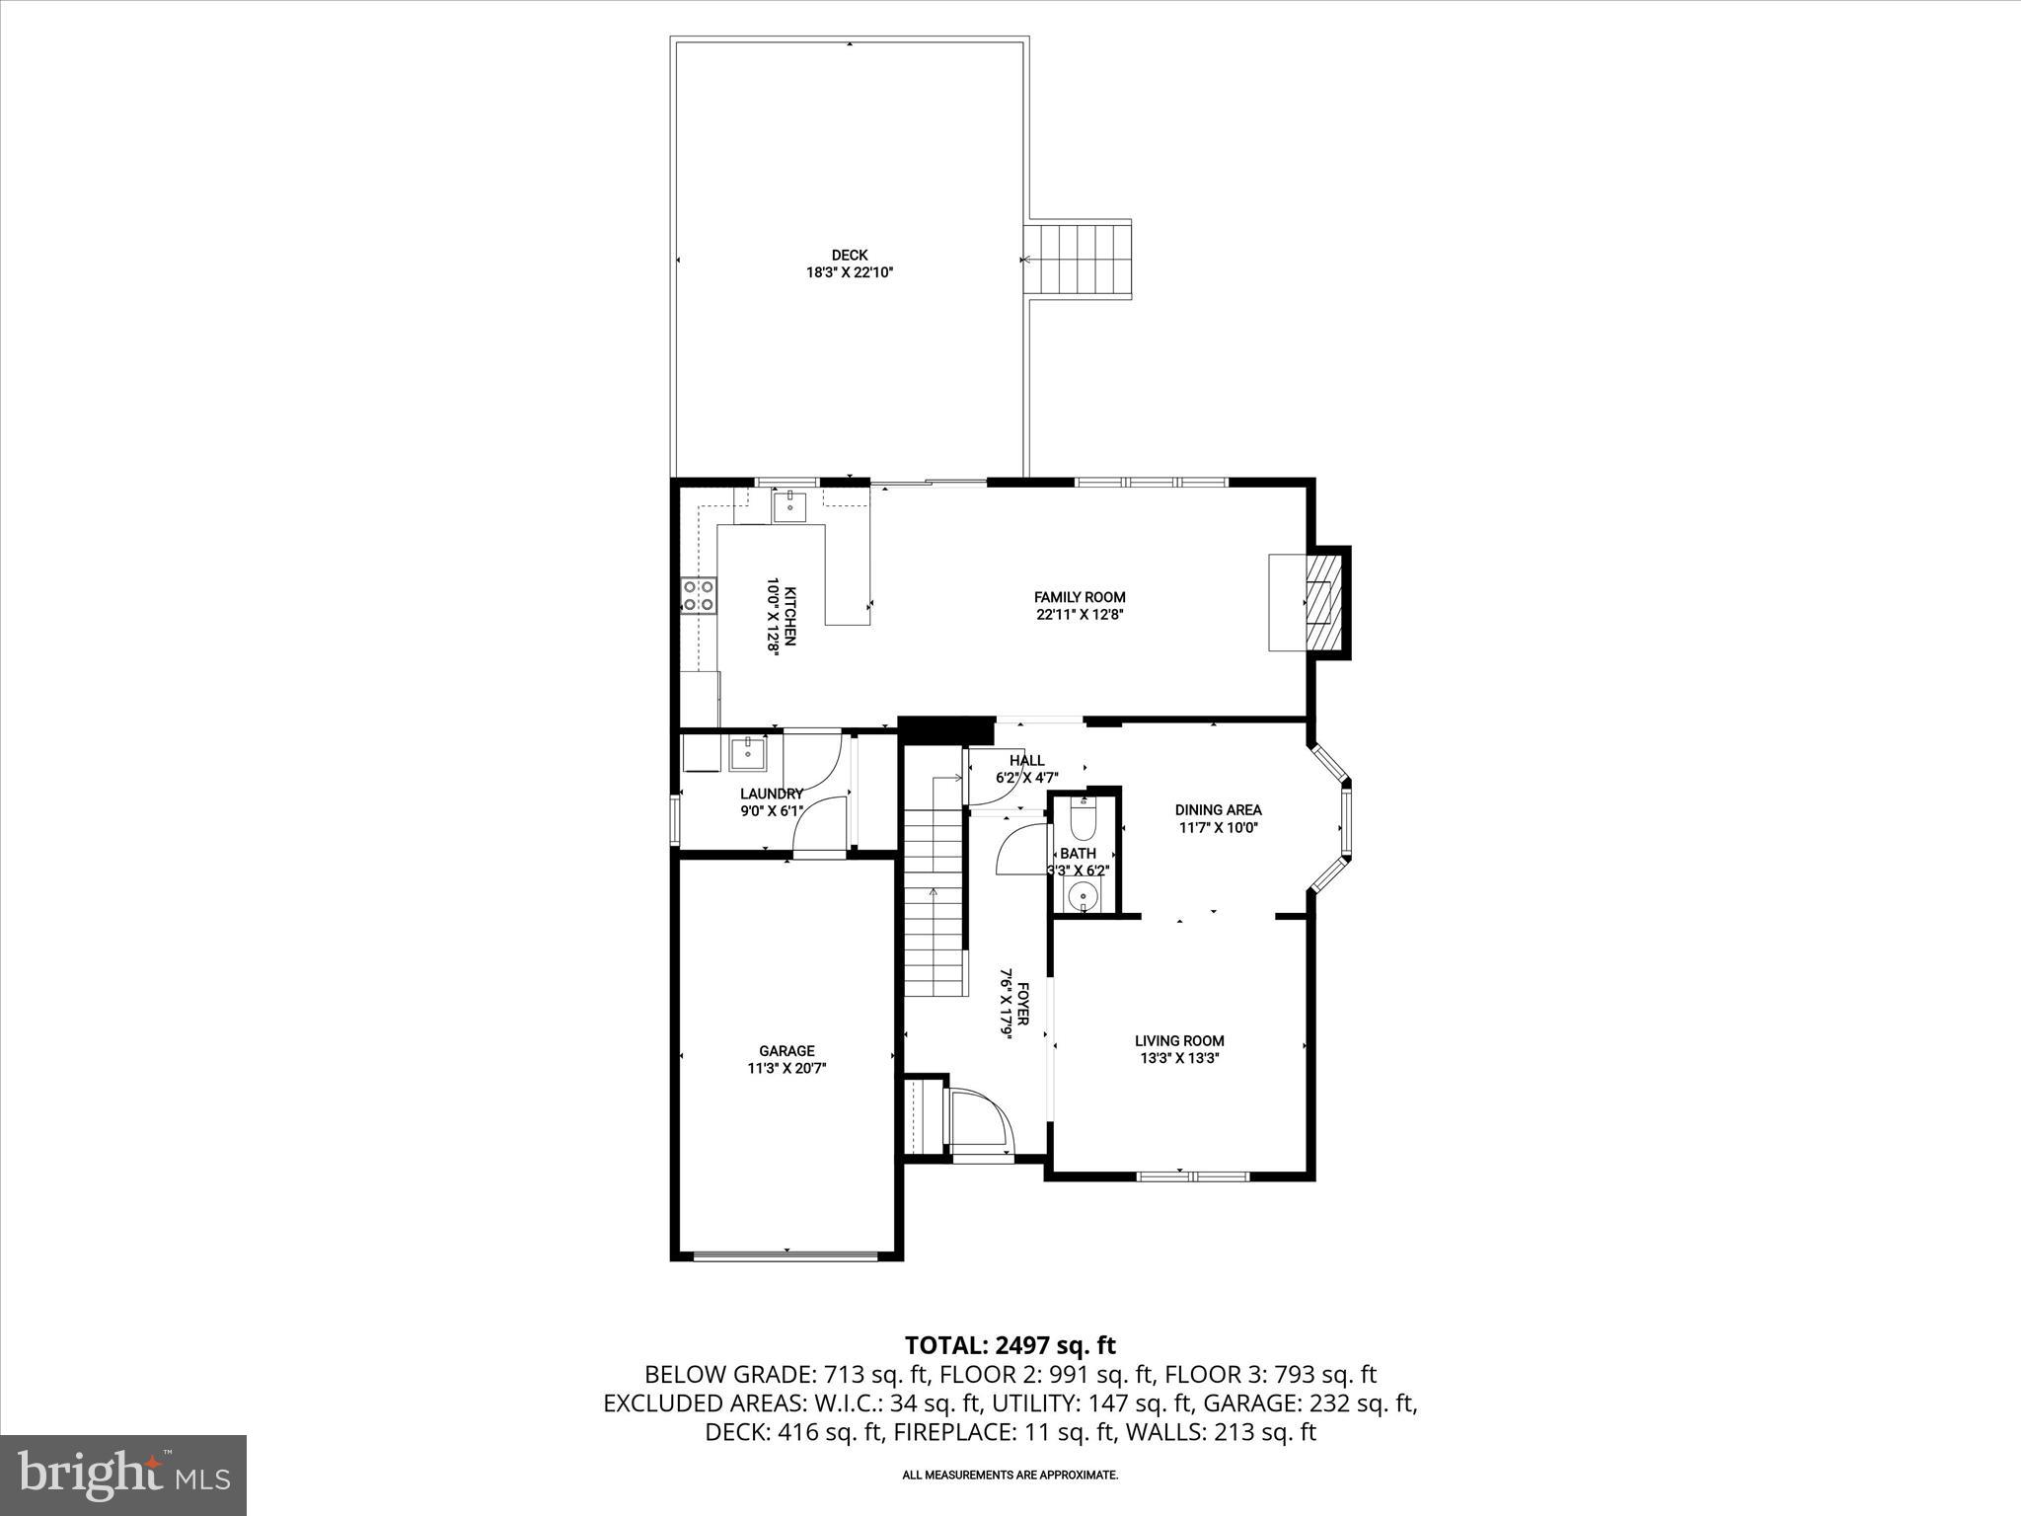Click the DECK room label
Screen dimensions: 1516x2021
click(x=849, y=256)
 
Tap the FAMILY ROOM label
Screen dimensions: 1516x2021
click(x=1080, y=597)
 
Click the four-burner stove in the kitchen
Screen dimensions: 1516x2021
click(x=699, y=595)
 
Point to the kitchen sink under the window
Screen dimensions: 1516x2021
click(x=790, y=506)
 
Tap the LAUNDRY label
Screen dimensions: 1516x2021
click(x=772, y=794)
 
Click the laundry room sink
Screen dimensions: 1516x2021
click(x=748, y=754)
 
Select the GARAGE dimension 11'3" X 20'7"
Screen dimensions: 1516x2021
click(x=786, y=1068)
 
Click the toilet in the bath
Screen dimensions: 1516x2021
click(x=1084, y=821)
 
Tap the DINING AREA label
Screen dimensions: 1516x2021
click(x=1218, y=810)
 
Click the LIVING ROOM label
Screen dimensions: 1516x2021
click(x=1179, y=1040)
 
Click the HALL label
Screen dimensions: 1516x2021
click(x=1026, y=760)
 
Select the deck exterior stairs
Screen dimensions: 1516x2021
click(x=1078, y=260)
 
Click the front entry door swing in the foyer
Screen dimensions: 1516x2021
click(x=980, y=1119)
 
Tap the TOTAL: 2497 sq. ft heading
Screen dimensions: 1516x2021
click(x=1010, y=1344)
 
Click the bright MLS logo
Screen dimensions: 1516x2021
click(x=123, y=1475)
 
